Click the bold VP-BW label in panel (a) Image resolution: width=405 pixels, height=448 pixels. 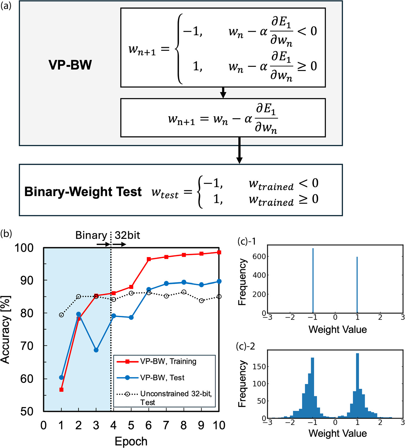pyautogui.click(x=70, y=65)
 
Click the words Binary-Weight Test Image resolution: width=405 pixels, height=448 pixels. pyautogui.click(x=83, y=192)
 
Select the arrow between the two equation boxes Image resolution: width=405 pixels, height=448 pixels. pyautogui.click(x=223, y=92)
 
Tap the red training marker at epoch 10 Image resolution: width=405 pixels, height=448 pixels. pyautogui.click(x=219, y=252)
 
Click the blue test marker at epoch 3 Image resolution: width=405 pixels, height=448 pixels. pyautogui.click(x=96, y=350)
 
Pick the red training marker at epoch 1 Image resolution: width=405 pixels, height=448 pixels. pyautogui.click(x=61, y=390)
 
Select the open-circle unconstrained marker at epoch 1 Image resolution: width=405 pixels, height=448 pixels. pyautogui.click(x=61, y=315)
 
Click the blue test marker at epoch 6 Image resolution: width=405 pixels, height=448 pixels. pyautogui.click(x=149, y=290)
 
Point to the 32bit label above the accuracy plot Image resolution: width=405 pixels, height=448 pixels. pyautogui.click(x=127, y=235)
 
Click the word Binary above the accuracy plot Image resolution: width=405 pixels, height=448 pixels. pyautogui.click(x=91, y=235)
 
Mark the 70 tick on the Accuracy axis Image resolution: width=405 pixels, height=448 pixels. pyautogui.click(x=27, y=346)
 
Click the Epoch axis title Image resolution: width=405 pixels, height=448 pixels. pyautogui.click(x=131, y=441)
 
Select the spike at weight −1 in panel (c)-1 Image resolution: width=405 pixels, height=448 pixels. pyautogui.click(x=313, y=281)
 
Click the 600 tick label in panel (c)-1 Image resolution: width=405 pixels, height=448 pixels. pyautogui.click(x=259, y=256)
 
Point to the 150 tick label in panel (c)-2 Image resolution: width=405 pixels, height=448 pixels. pyautogui.click(x=259, y=367)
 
